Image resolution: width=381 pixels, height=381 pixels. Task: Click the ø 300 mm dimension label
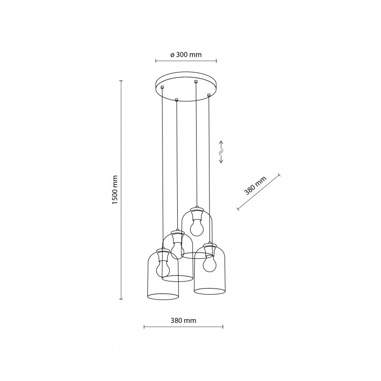[186, 54]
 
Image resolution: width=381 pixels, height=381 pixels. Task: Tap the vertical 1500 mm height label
[115, 190]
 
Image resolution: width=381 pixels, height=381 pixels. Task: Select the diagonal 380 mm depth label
[255, 186]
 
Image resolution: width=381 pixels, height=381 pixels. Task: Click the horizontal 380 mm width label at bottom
[183, 320]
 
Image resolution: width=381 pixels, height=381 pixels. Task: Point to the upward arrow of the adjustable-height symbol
[221, 145]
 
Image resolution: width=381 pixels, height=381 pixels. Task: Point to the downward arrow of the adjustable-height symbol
[221, 158]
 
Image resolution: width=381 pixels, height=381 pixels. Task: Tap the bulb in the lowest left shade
[163, 267]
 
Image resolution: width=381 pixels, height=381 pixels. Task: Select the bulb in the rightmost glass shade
[209, 263]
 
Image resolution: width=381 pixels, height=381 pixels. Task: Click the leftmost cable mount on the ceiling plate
[163, 87]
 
